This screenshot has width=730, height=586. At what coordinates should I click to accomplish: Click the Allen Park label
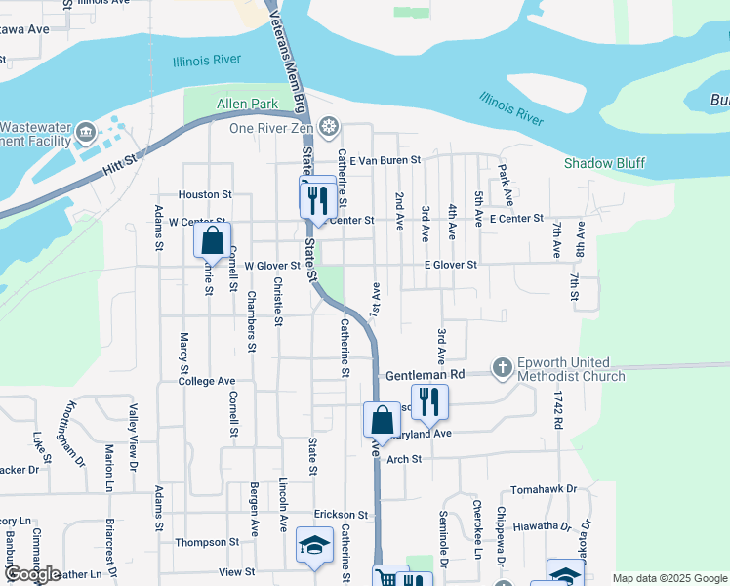pyautogui.click(x=246, y=103)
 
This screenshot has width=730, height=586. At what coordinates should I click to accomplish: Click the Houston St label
pyautogui.click(x=205, y=194)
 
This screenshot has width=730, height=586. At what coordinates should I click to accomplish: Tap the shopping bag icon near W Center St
pyautogui.click(x=212, y=239)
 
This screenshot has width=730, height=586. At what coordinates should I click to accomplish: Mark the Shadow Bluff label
pyautogui.click(x=604, y=163)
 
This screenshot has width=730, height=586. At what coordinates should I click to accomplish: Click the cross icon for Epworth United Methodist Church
pyautogui.click(x=502, y=367)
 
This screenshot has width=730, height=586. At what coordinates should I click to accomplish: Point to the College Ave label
pyautogui.click(x=207, y=381)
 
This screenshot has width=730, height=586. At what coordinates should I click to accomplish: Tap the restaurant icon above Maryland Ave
pyautogui.click(x=428, y=401)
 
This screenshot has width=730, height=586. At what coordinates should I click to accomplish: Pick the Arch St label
pyautogui.click(x=403, y=458)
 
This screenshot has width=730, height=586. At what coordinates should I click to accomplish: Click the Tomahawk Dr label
pyautogui.click(x=543, y=489)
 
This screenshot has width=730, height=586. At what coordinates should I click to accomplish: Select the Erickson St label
pyautogui.click(x=340, y=514)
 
